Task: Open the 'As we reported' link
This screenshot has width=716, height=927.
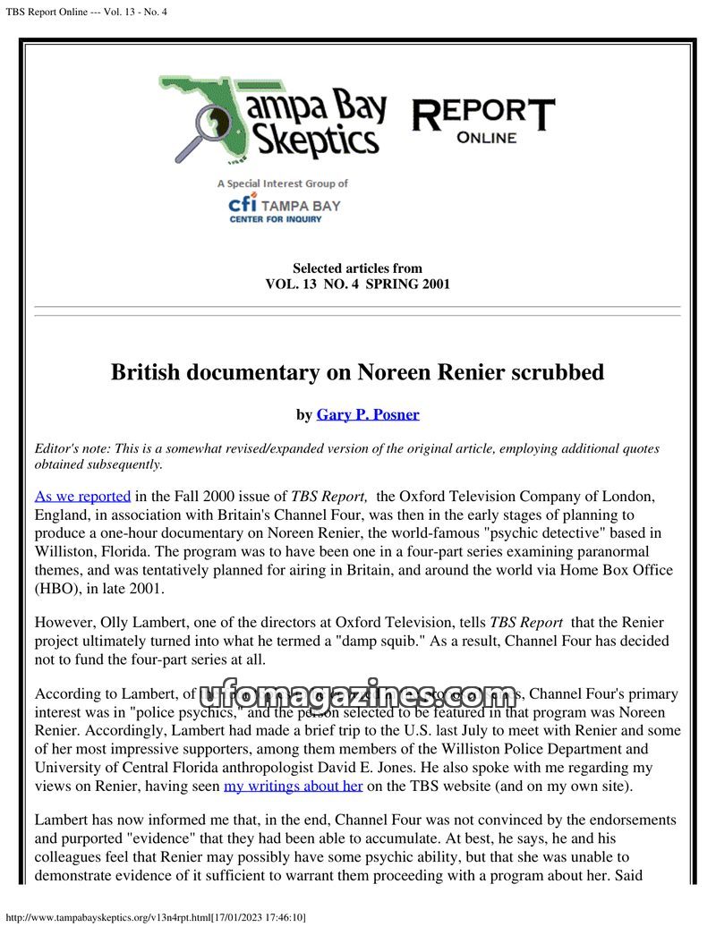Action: click(82, 496)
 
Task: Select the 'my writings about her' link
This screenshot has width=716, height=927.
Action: click(293, 786)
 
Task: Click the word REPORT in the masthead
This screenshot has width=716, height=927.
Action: click(482, 114)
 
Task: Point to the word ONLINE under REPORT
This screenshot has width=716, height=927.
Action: click(486, 138)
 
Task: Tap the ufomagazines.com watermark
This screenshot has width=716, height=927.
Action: click(357, 694)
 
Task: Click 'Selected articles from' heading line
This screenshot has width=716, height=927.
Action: click(357, 268)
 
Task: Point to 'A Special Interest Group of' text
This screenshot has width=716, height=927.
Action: click(282, 183)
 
